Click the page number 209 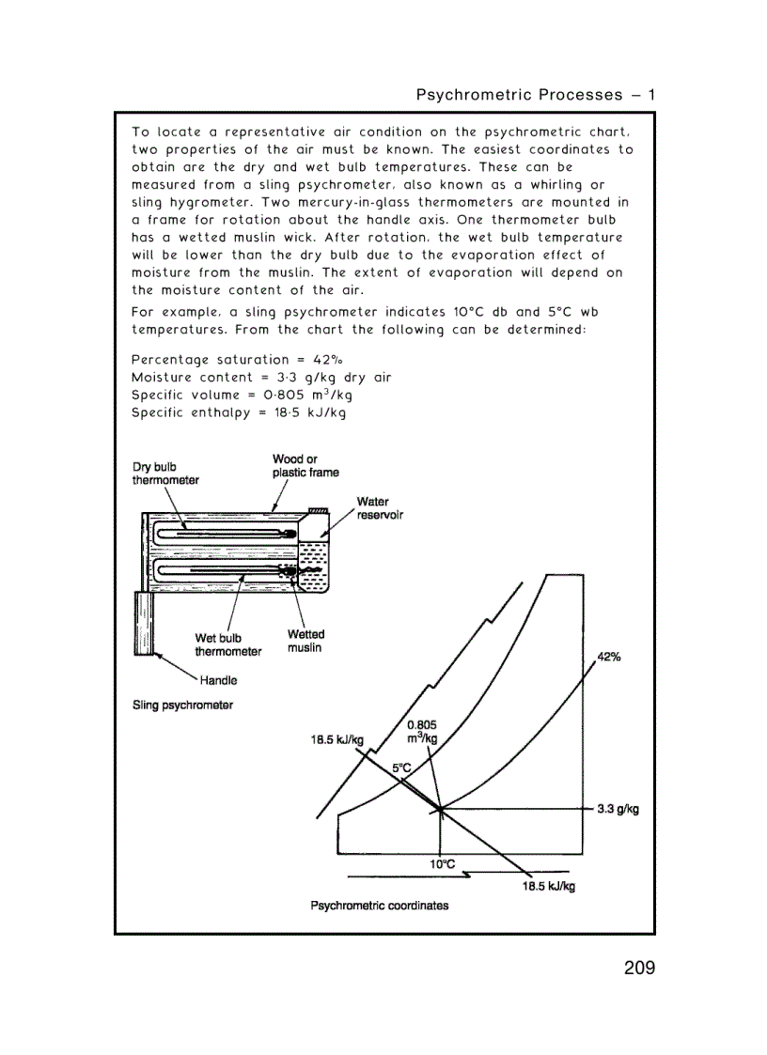pos(638,967)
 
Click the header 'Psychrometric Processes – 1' pos(535,95)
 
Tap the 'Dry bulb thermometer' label pos(165,473)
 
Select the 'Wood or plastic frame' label pos(305,466)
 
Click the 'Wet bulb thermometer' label pos(228,644)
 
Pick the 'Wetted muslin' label pos(305,641)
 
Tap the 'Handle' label pos(218,680)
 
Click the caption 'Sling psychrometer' pos(182,705)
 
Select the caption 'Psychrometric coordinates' pos(380,906)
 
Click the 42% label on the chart pos(609,657)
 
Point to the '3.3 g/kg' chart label pos(618,809)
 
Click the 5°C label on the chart pos(401,768)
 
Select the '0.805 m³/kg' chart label pos(422,731)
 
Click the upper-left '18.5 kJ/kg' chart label pos(337,739)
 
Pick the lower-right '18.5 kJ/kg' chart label pos(549,886)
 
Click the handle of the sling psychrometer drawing pos(144,624)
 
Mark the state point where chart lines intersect pos(439,808)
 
